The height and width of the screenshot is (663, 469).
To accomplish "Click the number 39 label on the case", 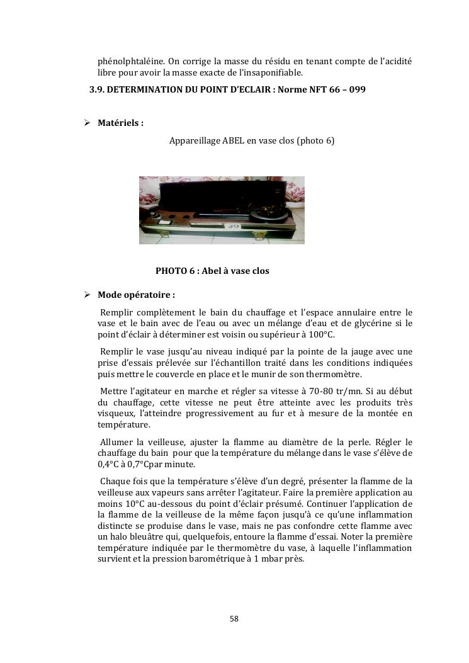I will [234, 225].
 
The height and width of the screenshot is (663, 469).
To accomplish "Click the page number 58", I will [234, 619].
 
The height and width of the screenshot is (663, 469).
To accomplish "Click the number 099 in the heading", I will [356, 89].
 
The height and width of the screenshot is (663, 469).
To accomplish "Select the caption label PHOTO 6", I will [176, 271].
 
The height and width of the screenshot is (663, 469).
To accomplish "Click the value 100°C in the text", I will [321, 334].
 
